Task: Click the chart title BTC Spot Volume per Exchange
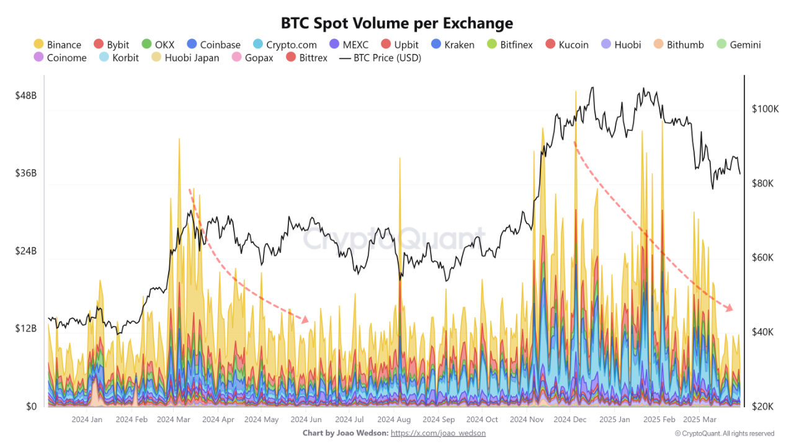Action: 397,24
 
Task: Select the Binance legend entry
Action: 57,45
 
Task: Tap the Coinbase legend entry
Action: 213,45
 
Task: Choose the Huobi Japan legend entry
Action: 185,58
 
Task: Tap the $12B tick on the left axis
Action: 25,328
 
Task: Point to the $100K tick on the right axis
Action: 764,109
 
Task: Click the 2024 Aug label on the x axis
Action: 394,420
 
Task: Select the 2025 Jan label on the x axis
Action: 613,420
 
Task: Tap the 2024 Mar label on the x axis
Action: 174,420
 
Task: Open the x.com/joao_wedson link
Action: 438,433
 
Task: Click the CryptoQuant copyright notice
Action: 724,433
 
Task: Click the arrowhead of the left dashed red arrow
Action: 305,320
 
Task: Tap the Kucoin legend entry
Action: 566,45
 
